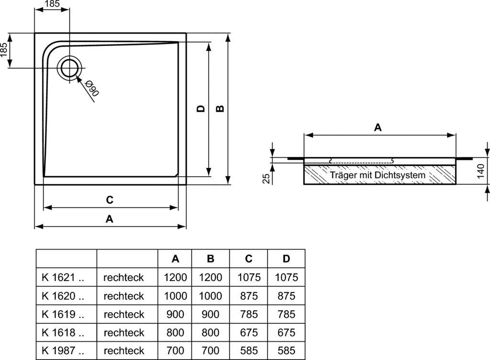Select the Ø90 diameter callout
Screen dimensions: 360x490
click(x=91, y=89)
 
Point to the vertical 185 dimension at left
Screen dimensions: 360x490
click(x=4, y=50)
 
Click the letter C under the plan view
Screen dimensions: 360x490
click(x=110, y=200)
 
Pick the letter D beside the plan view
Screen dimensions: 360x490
click(x=201, y=109)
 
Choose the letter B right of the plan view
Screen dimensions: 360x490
click(x=220, y=109)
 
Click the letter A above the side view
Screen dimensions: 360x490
click(x=378, y=127)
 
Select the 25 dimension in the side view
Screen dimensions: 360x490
click(x=267, y=178)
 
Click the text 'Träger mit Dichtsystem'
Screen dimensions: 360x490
click(x=378, y=175)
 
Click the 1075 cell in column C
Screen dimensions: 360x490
click(x=248, y=277)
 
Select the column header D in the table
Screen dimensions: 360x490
click(x=286, y=259)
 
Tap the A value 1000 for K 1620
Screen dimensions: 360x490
click(x=175, y=296)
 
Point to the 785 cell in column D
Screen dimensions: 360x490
click(x=286, y=314)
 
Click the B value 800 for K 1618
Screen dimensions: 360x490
click(x=211, y=332)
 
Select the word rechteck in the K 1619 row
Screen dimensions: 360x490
click(x=123, y=314)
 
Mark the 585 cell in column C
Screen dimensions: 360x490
click(x=248, y=350)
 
